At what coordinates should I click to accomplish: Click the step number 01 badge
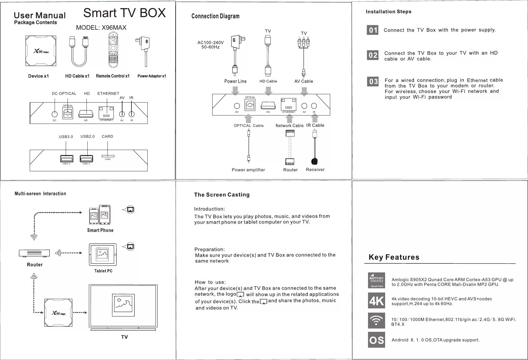[373, 30]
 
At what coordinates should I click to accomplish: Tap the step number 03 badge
[373, 82]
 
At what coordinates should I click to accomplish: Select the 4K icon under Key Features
[376, 301]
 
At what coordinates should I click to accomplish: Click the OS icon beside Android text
[376, 340]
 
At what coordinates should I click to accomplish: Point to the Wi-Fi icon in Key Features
[376, 320]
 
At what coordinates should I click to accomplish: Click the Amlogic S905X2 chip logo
[376, 280]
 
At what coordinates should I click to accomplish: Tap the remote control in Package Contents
[113, 50]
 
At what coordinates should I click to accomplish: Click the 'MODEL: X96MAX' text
[101, 28]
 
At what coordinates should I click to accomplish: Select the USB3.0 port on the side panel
[66, 158]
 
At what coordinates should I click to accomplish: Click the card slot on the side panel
[108, 156]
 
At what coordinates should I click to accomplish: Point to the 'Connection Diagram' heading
[215, 16]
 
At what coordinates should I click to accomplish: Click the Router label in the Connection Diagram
[290, 170]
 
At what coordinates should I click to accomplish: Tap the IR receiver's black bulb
[314, 161]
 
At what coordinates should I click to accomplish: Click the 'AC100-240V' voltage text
[210, 43]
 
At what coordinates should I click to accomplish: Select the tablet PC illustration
[103, 255]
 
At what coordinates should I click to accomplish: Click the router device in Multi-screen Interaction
[34, 253]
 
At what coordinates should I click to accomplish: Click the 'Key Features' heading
[394, 257]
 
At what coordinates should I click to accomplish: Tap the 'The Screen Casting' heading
[222, 195]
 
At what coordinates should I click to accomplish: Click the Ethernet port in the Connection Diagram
[288, 105]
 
